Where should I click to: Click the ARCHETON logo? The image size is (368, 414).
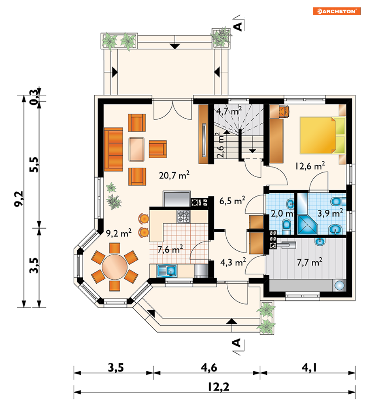click(x=337, y=11)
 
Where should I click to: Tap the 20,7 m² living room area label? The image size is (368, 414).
click(x=174, y=175)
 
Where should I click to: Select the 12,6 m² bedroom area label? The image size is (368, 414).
click(x=310, y=166)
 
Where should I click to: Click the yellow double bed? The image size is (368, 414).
click(x=323, y=135)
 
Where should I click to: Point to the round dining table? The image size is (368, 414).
click(x=115, y=267)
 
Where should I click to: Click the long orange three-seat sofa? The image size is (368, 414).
click(x=114, y=149)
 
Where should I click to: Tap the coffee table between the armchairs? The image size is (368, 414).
click(x=136, y=149)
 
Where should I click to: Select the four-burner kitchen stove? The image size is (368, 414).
click(x=183, y=216)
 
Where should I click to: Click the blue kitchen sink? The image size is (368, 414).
click(x=167, y=271)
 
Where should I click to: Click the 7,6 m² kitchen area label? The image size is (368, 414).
click(x=170, y=249)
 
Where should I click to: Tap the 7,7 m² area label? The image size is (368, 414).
click(x=310, y=262)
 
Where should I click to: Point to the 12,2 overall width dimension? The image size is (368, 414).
click(x=218, y=387)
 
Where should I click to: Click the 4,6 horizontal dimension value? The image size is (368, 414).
click(x=209, y=367)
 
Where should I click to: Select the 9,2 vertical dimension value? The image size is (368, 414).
click(x=19, y=199)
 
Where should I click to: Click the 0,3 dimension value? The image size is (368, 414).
click(x=34, y=97)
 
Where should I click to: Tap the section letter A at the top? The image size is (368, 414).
click(x=238, y=26)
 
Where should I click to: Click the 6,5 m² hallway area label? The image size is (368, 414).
click(x=232, y=201)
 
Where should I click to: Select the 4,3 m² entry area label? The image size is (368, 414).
click(x=233, y=262)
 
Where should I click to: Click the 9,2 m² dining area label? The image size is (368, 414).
click(x=119, y=233)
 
